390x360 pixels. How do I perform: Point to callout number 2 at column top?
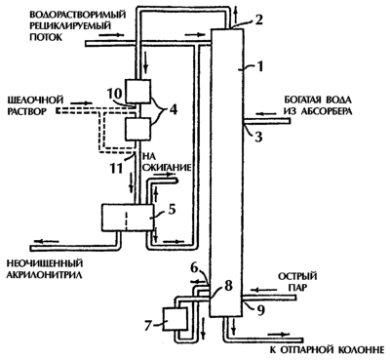(x=258, y=20)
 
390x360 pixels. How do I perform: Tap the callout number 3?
(x=258, y=137)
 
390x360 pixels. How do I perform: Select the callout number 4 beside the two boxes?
(x=173, y=110)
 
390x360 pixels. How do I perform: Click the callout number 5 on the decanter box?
(x=172, y=209)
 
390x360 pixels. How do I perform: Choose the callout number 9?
(x=261, y=310)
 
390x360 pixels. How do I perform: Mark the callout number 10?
(x=114, y=94)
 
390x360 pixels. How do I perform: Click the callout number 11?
(x=116, y=168)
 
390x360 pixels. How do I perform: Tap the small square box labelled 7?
(x=175, y=320)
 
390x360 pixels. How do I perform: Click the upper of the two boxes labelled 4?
(x=138, y=92)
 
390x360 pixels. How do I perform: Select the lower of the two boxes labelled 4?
(x=138, y=130)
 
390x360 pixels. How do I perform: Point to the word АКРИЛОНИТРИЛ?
(x=44, y=274)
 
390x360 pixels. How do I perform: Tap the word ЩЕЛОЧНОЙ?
(x=35, y=100)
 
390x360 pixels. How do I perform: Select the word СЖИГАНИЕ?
(x=165, y=168)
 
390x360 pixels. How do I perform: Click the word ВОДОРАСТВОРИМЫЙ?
(x=77, y=15)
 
